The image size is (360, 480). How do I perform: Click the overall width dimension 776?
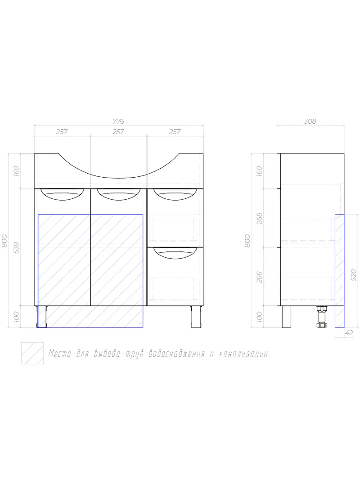point(118,121)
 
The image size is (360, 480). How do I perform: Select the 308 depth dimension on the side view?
point(310,121)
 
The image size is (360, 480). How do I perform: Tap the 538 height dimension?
point(16,248)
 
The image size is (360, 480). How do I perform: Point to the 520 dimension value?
point(353,275)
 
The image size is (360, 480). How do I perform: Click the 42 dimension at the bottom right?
point(349,333)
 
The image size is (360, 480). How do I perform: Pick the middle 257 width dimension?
point(118,132)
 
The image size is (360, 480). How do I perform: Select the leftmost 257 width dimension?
point(62,132)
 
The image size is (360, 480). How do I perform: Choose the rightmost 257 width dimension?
point(175,132)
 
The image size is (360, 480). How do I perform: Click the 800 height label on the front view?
point(4,241)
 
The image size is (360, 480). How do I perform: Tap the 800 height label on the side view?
point(247,241)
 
